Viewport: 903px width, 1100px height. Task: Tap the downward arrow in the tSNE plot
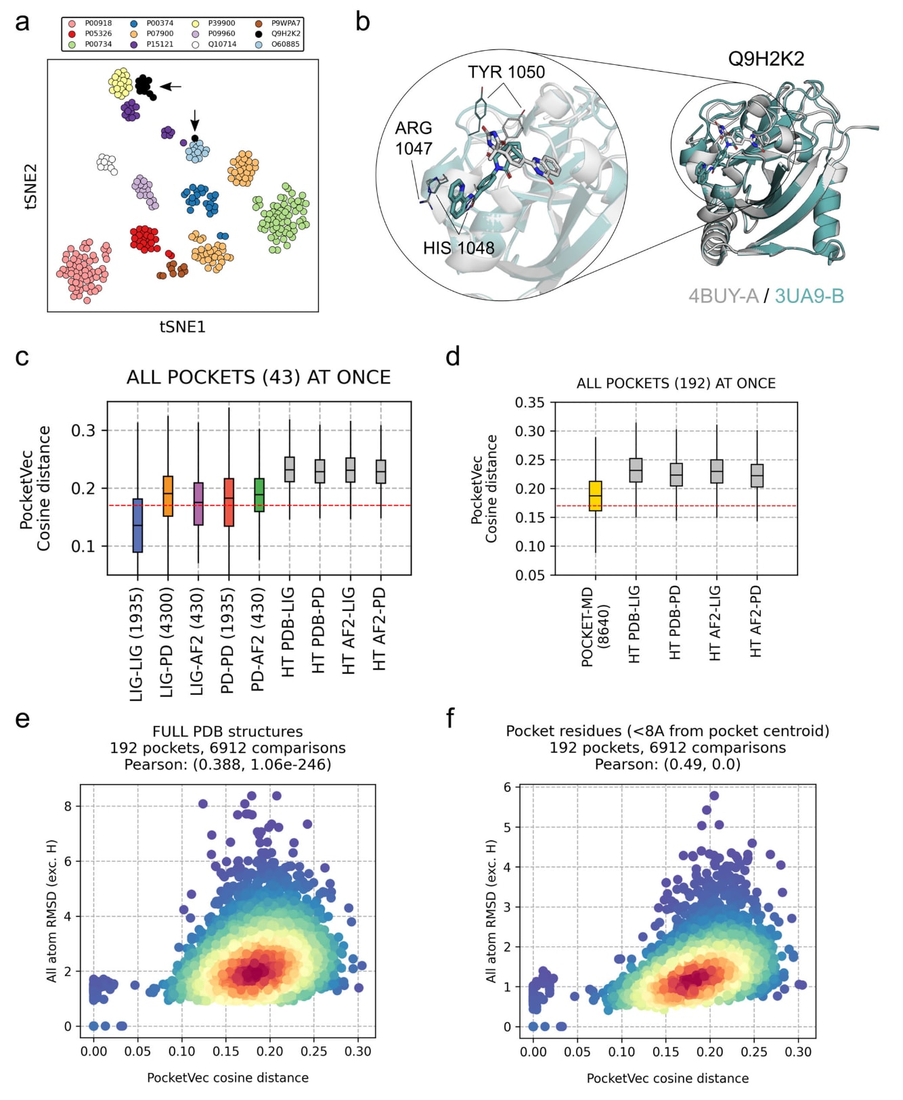pyautogui.click(x=195, y=120)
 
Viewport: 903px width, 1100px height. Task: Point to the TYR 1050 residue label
pyautogui.click(x=506, y=72)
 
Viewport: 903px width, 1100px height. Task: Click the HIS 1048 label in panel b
pyautogui.click(x=458, y=248)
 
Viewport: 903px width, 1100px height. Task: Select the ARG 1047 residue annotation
pyautogui.click(x=414, y=138)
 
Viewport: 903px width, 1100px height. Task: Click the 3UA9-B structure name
pyautogui.click(x=809, y=296)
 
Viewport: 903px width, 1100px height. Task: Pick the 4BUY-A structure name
pyautogui.click(x=723, y=296)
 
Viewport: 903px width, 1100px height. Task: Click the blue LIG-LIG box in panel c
pyautogui.click(x=138, y=526)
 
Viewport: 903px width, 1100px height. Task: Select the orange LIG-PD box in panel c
pyautogui.click(x=168, y=496)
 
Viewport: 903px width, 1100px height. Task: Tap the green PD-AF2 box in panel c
pyautogui.click(x=259, y=495)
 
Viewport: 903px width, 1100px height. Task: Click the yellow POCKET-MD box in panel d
pyautogui.click(x=596, y=496)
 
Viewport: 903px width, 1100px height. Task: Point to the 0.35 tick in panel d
pyautogui.click(x=529, y=403)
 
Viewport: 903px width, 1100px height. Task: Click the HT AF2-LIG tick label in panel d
pyautogui.click(x=715, y=622)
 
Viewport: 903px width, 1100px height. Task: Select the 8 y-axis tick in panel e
pyautogui.click(x=68, y=806)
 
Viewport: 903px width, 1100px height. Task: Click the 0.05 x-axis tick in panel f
pyautogui.click(x=577, y=1052)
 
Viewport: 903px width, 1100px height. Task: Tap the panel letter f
pyautogui.click(x=451, y=718)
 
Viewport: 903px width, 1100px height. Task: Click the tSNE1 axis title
pyautogui.click(x=182, y=327)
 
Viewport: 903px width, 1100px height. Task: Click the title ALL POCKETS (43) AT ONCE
pyautogui.click(x=259, y=377)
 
